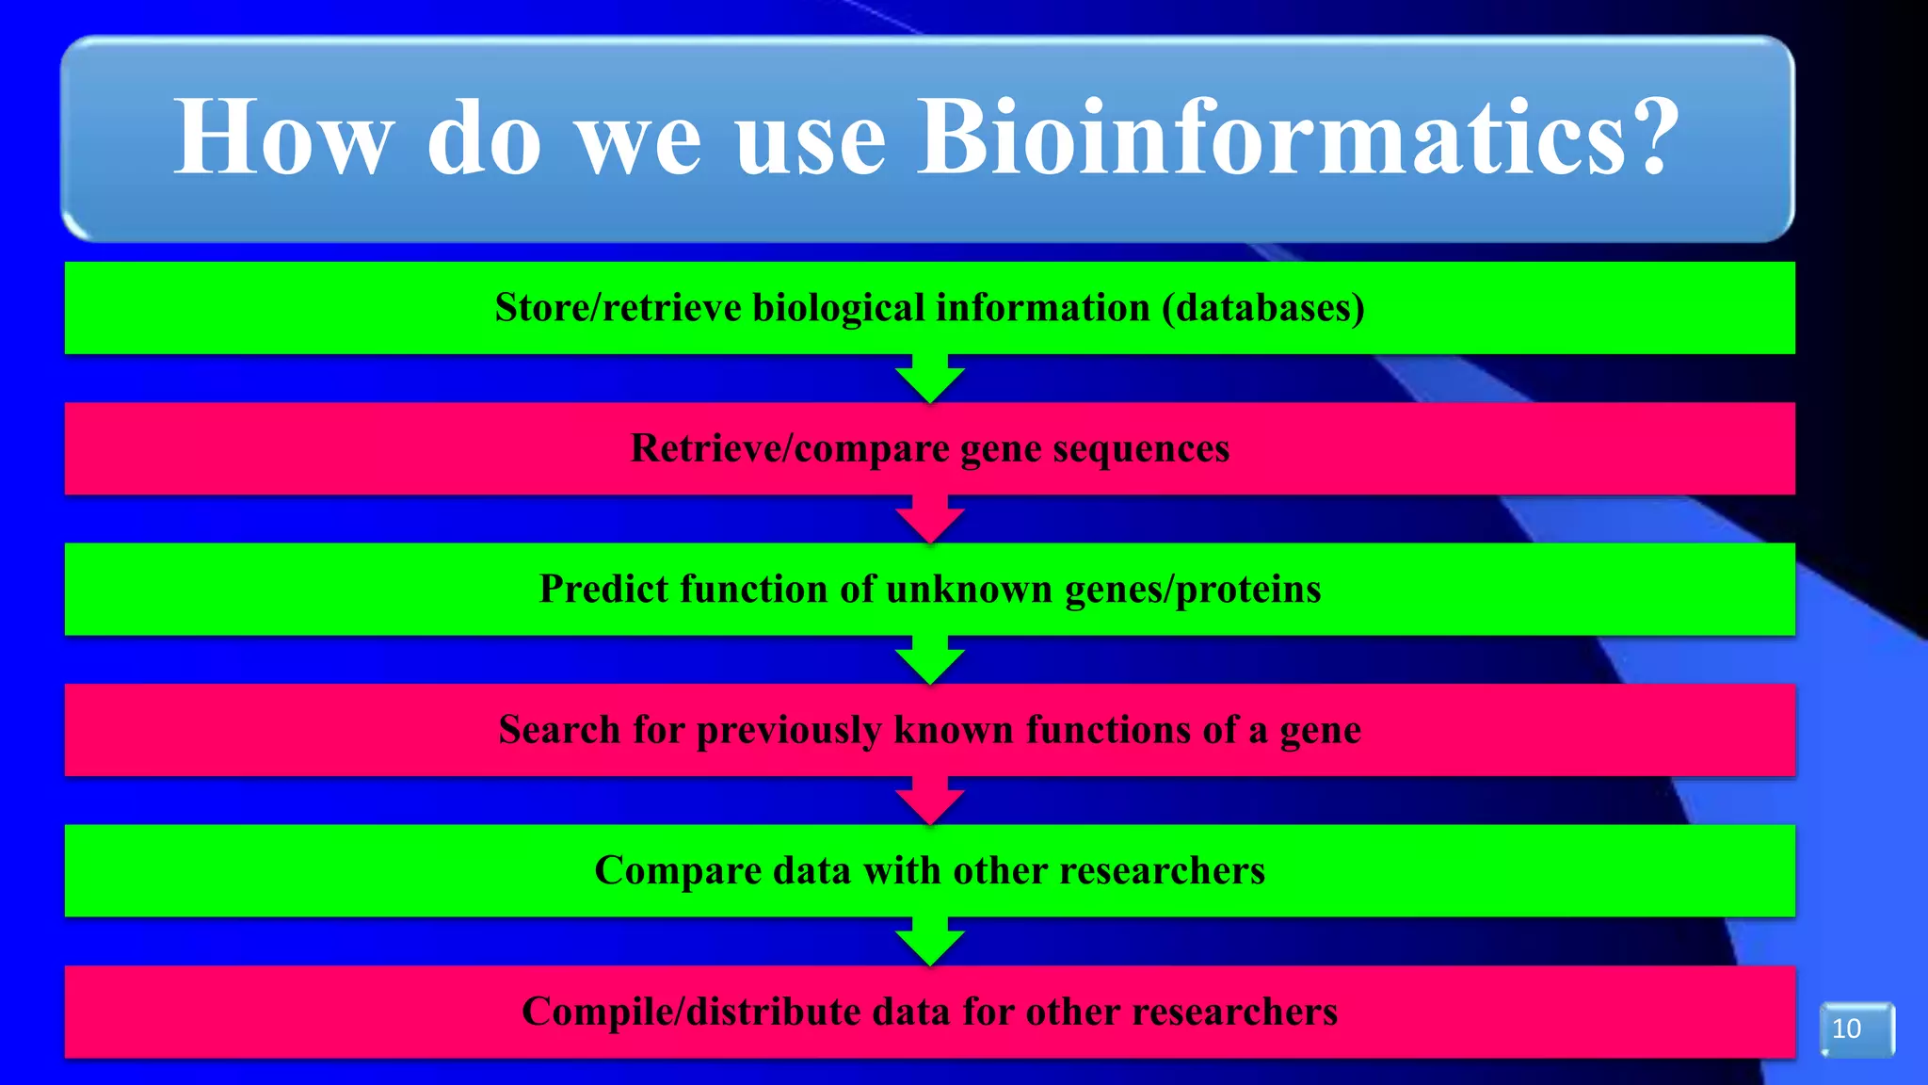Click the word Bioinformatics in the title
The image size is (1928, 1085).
[x=1271, y=138]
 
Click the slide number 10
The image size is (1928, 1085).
[x=1847, y=1028]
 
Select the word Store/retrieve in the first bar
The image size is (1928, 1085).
[x=618, y=308]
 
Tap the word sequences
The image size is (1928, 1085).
[x=1141, y=449]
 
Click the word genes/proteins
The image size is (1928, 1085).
[x=1193, y=590]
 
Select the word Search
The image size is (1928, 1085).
[x=558, y=730]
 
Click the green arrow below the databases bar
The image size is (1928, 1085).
[x=929, y=380]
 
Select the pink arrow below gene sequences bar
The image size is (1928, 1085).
[x=929, y=520]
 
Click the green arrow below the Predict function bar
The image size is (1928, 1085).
[x=929, y=660]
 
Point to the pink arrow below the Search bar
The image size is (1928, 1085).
[x=929, y=802]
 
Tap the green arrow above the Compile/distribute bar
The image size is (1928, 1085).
[x=929, y=942]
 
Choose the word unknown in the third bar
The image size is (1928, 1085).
[x=968, y=590]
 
